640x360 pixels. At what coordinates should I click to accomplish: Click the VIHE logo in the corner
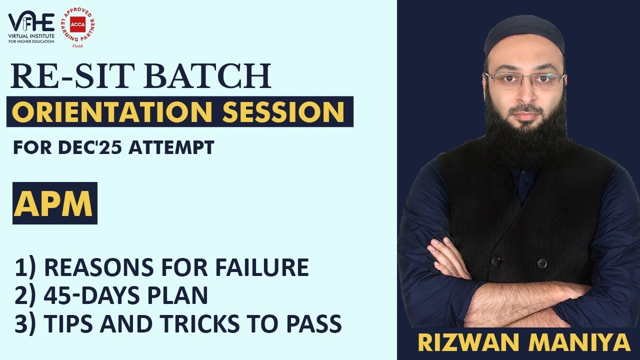pyautogui.click(x=31, y=27)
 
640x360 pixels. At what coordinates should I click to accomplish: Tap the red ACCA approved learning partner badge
pyautogui.click(x=77, y=27)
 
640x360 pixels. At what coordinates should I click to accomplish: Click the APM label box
pyautogui.click(x=54, y=203)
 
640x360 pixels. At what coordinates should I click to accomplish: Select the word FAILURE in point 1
pyautogui.click(x=262, y=268)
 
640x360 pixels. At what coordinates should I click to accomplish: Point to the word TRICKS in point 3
pyautogui.click(x=224, y=324)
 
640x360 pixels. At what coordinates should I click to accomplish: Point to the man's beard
pyautogui.click(x=525, y=135)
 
